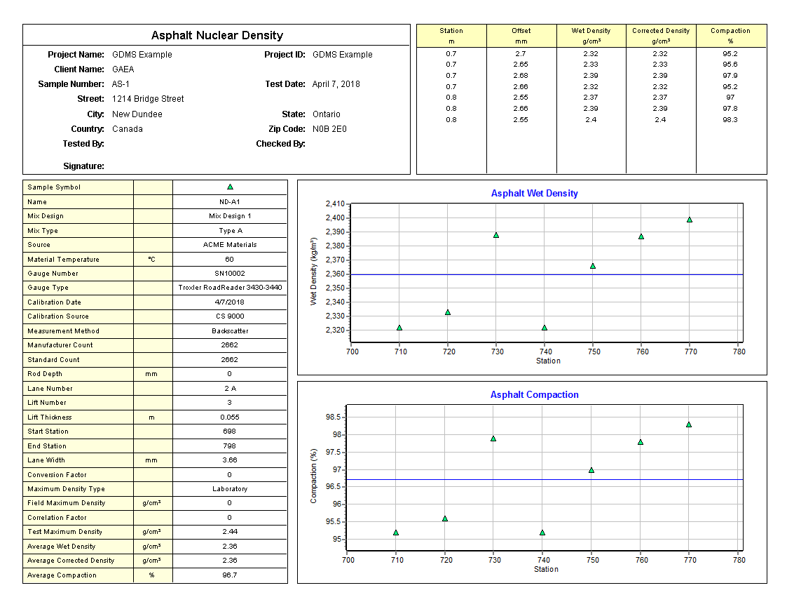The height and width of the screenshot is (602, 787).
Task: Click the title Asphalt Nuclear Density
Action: click(217, 36)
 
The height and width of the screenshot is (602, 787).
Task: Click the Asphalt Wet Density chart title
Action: click(534, 194)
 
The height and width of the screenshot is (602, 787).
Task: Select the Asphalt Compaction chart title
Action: click(534, 395)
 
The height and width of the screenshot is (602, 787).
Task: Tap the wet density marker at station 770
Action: click(690, 220)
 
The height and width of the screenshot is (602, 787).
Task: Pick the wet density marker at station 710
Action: click(399, 328)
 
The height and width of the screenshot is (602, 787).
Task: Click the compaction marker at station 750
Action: click(591, 470)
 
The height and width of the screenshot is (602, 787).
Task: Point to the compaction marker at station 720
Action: click(445, 519)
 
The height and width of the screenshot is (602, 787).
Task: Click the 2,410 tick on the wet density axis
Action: click(335, 204)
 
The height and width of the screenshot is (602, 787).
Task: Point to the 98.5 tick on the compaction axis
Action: click(333, 417)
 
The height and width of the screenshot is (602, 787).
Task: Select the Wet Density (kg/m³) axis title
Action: click(314, 270)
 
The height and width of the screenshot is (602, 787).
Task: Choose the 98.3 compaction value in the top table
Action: click(730, 120)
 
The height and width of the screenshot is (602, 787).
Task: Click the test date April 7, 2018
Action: click(336, 84)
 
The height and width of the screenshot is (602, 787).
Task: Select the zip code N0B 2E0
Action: click(329, 129)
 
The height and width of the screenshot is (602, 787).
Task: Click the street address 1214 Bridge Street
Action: click(148, 99)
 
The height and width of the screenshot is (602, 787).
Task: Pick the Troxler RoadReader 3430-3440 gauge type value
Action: click(230, 288)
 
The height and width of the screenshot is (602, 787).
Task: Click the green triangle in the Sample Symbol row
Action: click(230, 187)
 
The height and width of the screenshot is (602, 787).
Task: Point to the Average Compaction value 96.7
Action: click(230, 575)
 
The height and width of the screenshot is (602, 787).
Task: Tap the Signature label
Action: click(83, 166)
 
